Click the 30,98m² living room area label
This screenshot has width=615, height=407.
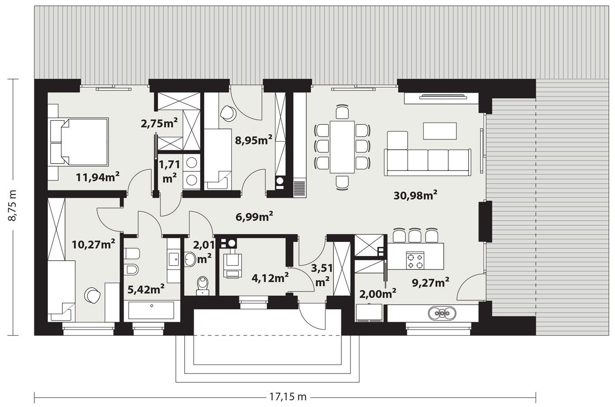415,196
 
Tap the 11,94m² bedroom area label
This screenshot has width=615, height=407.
98,177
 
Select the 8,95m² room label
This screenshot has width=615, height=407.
254,140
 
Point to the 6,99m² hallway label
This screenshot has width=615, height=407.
254,217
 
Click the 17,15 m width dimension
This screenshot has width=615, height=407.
288,397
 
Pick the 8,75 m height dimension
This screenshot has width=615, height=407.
13,205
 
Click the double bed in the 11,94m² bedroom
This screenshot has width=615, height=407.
79,142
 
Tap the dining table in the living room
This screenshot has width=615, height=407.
342,147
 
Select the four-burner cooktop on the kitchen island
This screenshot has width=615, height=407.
415,260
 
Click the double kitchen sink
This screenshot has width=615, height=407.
442,313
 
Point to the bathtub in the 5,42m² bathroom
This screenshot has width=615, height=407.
149,310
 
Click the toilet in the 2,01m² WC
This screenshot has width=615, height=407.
203,286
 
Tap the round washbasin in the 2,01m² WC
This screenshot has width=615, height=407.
190,259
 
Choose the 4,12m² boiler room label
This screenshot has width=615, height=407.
270,278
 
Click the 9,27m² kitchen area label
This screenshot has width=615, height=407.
430,283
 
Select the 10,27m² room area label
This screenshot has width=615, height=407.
93,244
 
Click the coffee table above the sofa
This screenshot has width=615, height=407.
440,131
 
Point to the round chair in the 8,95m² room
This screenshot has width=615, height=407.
228,113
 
